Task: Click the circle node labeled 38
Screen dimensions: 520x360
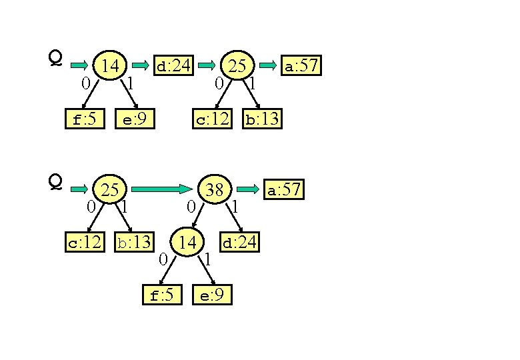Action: [214, 189]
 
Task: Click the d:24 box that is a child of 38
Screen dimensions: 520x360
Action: [239, 242]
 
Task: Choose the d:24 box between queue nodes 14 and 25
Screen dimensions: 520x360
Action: [173, 65]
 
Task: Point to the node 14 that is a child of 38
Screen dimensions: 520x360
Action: [187, 243]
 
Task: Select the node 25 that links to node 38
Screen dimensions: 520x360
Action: [109, 190]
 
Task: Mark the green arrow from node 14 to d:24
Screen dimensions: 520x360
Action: [139, 65]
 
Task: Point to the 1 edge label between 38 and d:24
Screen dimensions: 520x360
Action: [235, 207]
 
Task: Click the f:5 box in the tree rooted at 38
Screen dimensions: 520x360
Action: [162, 295]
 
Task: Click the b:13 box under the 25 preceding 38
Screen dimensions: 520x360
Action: [134, 242]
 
